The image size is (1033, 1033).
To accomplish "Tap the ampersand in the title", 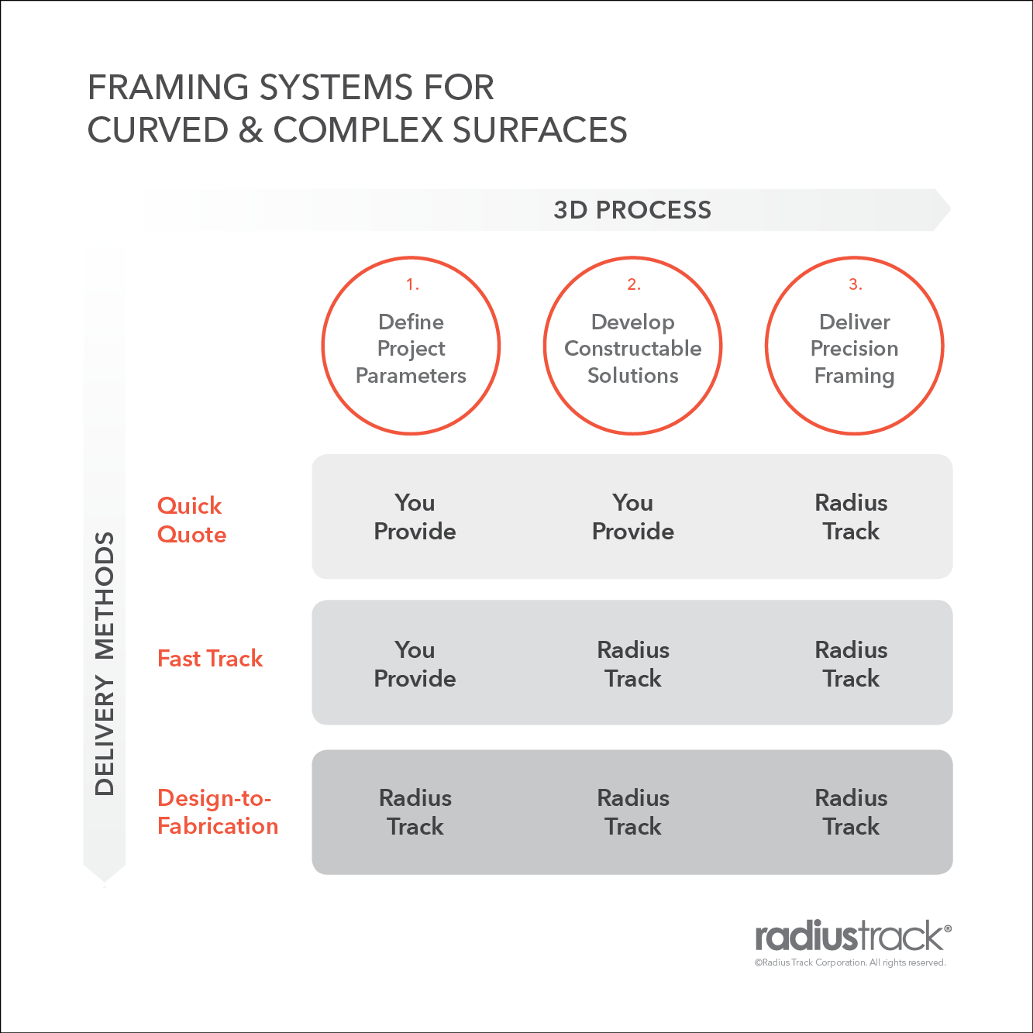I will click(x=250, y=130).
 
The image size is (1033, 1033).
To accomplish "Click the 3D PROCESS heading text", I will click(x=632, y=210).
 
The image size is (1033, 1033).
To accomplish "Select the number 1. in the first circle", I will click(x=412, y=285).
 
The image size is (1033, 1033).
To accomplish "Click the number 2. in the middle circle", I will click(x=633, y=285).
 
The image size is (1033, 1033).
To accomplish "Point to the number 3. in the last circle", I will click(x=855, y=285).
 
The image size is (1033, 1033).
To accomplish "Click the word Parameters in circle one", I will click(x=411, y=376).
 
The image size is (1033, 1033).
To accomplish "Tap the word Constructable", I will click(x=632, y=349).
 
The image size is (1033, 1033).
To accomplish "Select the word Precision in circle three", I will click(x=854, y=349).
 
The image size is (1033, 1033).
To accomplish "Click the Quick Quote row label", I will click(x=191, y=520).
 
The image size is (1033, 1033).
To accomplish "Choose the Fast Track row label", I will click(x=210, y=659).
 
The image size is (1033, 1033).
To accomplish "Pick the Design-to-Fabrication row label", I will click(x=217, y=812).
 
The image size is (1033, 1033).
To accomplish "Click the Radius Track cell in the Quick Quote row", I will click(x=851, y=517).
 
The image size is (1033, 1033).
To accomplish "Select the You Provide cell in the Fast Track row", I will click(x=415, y=664).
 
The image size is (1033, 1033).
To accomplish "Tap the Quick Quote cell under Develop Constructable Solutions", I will click(x=632, y=517).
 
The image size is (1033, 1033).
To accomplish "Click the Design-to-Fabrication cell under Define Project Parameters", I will click(x=415, y=812).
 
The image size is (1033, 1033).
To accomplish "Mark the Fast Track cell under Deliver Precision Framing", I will click(x=851, y=664).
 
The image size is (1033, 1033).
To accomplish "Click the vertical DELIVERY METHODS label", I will click(x=105, y=663).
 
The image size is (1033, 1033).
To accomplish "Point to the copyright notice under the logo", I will click(x=850, y=962).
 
